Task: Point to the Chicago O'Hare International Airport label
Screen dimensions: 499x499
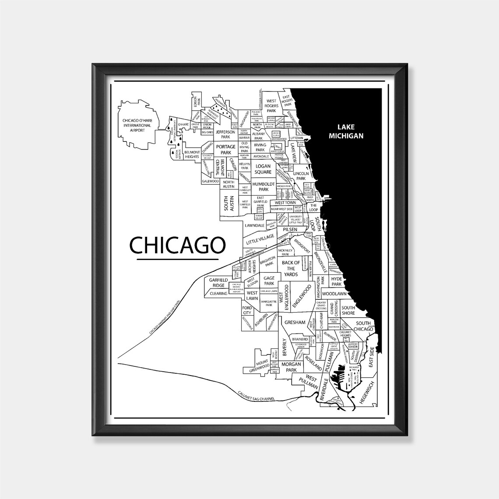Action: [x=137, y=125]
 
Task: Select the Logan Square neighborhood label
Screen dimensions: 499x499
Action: [x=263, y=169]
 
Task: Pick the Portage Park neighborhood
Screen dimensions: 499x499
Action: [x=226, y=150]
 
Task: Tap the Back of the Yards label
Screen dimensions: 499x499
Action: [x=291, y=268]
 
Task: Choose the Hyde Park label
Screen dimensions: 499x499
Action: [x=336, y=281]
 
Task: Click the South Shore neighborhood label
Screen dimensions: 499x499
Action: [x=348, y=310]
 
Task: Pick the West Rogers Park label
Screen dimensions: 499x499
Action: [x=271, y=105]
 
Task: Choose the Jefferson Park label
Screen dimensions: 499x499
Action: [x=226, y=134]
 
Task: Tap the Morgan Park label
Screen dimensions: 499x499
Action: [x=291, y=367]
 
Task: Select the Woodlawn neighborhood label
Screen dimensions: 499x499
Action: [x=334, y=293]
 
